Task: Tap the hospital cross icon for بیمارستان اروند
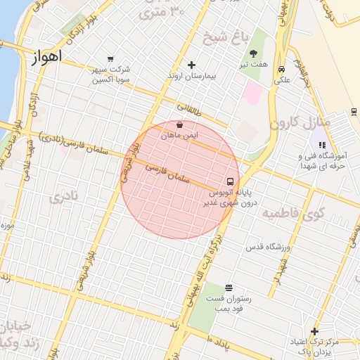(x=191, y=65)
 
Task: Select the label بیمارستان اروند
(x=191, y=75)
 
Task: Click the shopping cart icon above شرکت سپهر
(x=110, y=59)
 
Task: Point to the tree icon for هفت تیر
(x=253, y=53)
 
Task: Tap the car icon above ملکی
(x=281, y=70)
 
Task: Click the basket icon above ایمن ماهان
(x=180, y=124)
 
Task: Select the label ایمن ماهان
(x=180, y=134)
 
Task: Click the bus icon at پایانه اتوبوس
(x=231, y=181)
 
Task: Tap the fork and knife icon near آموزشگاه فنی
(x=322, y=146)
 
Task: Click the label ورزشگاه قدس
(x=267, y=247)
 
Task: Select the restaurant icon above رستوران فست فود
(x=229, y=288)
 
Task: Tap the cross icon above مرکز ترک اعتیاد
(x=314, y=331)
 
